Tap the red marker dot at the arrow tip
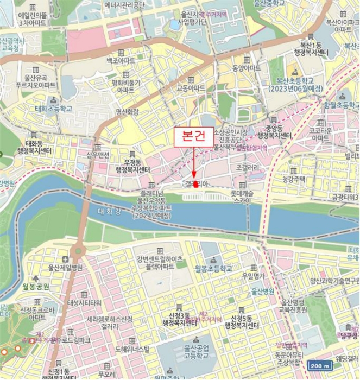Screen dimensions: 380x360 pyautogui.click(x=194, y=183)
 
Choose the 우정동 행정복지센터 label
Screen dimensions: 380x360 pyautogui.click(x=133, y=165)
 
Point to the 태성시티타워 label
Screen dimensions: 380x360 pyautogui.click(x=84, y=302)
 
